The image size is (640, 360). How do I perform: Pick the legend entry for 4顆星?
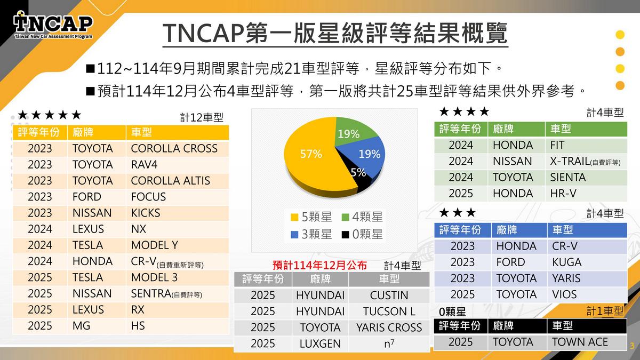coord(363,217)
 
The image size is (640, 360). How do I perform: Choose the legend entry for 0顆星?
coord(363,234)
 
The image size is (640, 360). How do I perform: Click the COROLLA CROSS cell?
coord(174,148)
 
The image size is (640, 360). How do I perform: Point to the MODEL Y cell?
coord(154,245)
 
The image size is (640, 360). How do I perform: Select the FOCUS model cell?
coord(148,197)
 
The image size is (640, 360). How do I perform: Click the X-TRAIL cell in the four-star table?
coord(585,161)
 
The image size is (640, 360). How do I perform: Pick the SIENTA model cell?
coord(567,177)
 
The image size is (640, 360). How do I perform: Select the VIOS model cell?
coord(564,294)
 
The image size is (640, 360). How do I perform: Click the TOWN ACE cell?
coord(580,342)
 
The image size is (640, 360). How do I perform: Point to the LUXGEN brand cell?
coord(320,344)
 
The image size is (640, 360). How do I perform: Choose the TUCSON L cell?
coord(389,311)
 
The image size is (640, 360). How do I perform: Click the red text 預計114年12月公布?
coord(319,265)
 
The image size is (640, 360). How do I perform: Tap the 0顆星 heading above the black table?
coord(452,311)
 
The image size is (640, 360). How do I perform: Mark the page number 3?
coord(633,345)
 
